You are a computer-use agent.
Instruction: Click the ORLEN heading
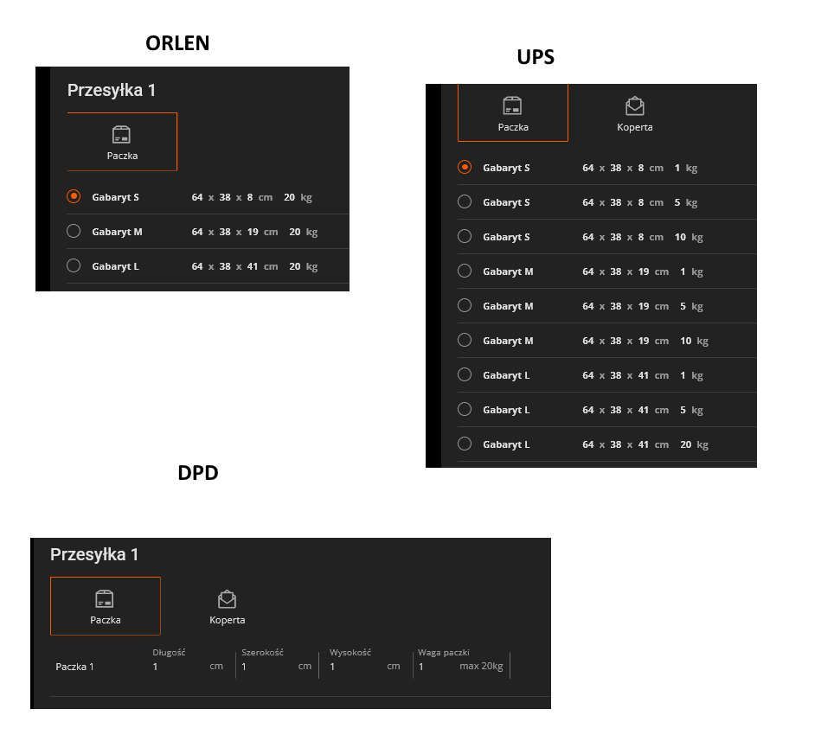177,43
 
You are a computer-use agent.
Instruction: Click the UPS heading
536,57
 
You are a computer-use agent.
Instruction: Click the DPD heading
198,473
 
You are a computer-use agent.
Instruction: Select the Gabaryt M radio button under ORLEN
74,231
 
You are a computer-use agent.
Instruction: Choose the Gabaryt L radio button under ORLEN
74,265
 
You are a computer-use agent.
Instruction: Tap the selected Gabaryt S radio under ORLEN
74,196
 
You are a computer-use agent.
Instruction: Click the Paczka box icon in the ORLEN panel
121,135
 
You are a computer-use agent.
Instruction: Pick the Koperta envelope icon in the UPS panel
635,105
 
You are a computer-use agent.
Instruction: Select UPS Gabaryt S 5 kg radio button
465,201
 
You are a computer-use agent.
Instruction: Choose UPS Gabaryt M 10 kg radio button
465,340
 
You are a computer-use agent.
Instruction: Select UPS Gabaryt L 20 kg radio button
465,444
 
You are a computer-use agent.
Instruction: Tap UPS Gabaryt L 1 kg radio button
465,374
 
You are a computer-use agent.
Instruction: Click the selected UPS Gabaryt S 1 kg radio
465,167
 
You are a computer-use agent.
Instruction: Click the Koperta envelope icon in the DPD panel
227,599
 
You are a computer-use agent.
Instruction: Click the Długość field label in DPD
169,653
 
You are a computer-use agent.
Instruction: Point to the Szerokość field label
262,653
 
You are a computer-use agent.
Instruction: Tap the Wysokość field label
350,653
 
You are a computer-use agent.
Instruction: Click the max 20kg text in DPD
481,666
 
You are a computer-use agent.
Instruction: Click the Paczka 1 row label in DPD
75,667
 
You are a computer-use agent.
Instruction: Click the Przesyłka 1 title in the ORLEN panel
112,90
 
